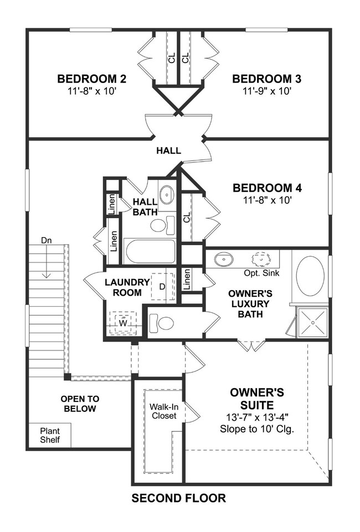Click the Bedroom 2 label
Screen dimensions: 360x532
coord(91,79)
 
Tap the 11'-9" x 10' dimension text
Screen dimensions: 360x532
coord(267,91)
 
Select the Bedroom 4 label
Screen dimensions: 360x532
coord(267,188)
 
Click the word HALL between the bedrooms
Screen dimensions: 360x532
coord(168,151)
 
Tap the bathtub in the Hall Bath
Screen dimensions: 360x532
coord(150,251)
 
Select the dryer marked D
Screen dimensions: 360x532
coord(162,287)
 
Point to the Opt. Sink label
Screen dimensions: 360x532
coord(261,273)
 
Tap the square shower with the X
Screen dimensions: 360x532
coord(312,322)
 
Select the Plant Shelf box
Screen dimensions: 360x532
coord(49,435)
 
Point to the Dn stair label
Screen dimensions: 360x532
coord(46,240)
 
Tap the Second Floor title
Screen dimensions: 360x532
coord(179,498)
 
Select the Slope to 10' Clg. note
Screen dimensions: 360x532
coord(257,429)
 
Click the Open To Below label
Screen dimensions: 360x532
coord(80,404)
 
